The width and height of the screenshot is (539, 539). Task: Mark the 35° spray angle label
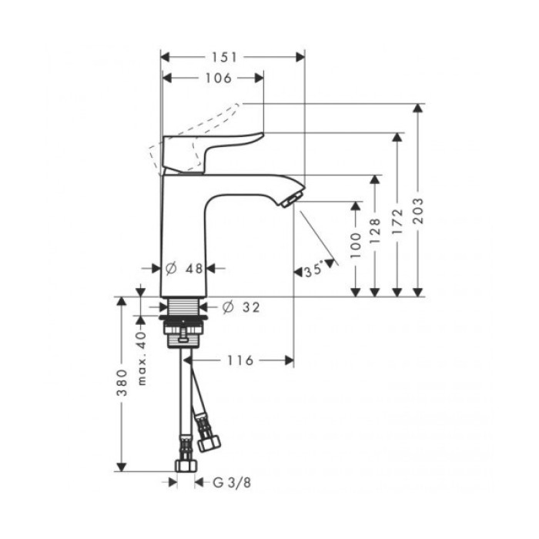tap(313, 271)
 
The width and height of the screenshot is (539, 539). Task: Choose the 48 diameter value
tap(194, 269)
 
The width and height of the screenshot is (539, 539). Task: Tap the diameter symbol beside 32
tap(227, 308)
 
